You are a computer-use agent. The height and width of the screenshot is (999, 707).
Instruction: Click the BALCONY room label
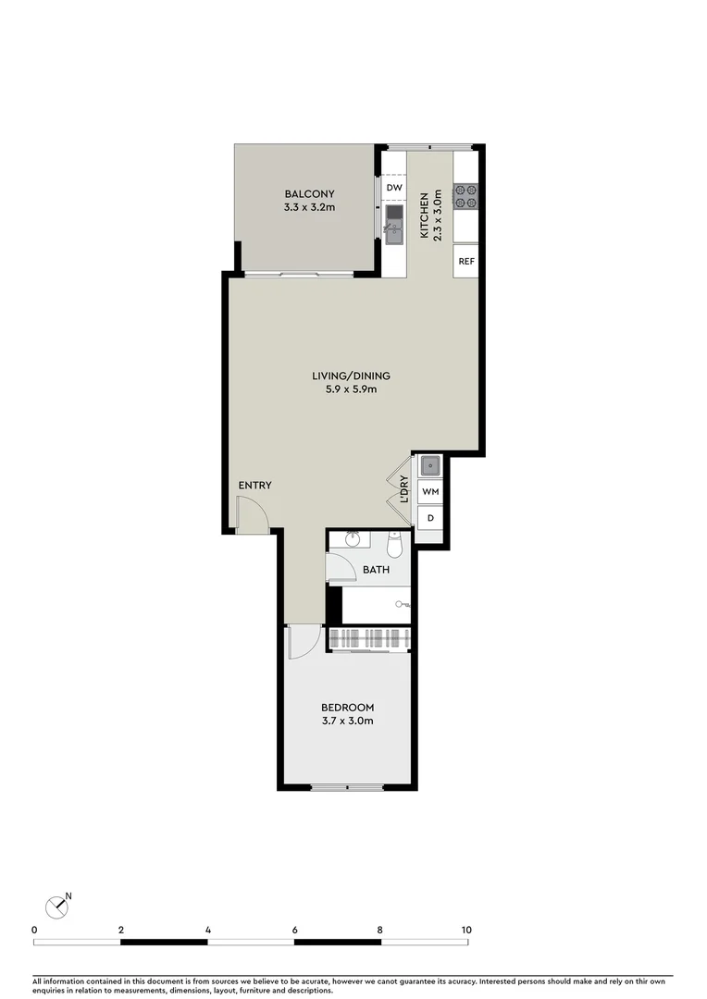[309, 193]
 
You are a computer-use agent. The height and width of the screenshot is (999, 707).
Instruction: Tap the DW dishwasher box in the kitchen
[394, 189]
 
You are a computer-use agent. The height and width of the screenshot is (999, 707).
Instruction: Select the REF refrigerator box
[465, 261]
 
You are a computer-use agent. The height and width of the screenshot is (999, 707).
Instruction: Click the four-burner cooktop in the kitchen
[465, 195]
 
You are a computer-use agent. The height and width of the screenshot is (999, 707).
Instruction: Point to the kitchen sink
[394, 224]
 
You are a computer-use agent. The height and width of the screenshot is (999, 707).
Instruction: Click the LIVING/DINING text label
[351, 376]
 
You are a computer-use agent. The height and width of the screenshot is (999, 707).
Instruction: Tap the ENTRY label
[254, 486]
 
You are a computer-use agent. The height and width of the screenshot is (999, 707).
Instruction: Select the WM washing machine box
[429, 492]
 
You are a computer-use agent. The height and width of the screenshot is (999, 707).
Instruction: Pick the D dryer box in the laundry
[429, 518]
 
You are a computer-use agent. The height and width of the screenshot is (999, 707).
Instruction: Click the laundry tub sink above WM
[430, 465]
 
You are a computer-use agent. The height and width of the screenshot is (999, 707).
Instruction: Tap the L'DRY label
[404, 488]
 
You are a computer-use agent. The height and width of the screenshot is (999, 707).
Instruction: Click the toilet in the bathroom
[396, 548]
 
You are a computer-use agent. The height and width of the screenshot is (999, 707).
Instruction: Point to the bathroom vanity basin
[353, 540]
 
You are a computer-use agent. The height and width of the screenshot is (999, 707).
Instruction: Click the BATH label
[375, 570]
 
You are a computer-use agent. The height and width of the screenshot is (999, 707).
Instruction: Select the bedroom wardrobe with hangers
[368, 638]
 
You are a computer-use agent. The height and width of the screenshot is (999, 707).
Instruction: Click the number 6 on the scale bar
[294, 930]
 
